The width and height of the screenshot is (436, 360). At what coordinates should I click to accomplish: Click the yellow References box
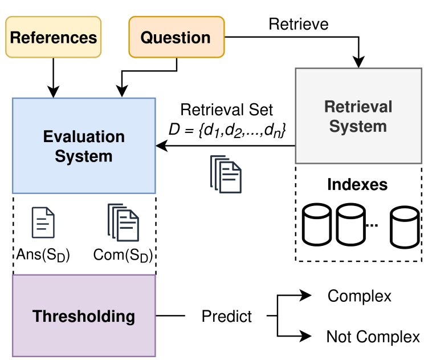[x=54, y=38]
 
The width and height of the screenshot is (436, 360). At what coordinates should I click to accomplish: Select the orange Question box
[x=176, y=38]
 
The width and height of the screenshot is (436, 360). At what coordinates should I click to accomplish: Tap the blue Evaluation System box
[x=84, y=145]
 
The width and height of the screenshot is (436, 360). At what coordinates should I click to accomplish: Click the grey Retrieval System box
[x=358, y=116]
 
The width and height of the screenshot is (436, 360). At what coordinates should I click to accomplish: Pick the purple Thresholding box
[x=84, y=315]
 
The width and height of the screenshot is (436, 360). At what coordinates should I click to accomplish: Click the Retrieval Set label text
[x=226, y=110]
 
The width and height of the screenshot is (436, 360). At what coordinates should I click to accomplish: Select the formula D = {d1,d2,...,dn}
[x=226, y=130]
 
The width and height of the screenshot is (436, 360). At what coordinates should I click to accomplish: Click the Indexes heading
[x=358, y=185]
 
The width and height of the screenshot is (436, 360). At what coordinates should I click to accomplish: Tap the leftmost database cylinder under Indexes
[x=317, y=223]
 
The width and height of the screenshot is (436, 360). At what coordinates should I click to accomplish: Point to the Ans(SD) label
[x=43, y=254]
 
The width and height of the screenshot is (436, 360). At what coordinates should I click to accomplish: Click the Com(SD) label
[x=124, y=254]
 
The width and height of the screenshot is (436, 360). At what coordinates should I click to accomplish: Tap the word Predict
[x=227, y=316]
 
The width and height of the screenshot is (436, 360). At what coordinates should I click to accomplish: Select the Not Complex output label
[x=373, y=336]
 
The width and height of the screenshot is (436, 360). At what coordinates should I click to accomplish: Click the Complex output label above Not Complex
[x=360, y=296]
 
